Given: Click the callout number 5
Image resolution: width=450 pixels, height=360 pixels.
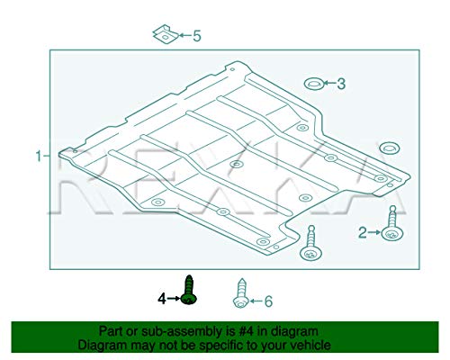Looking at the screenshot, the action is point(197,36).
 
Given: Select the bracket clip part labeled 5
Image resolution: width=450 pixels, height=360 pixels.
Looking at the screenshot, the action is point(166,34).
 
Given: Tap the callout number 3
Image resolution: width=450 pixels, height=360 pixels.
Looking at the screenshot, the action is point(341,84).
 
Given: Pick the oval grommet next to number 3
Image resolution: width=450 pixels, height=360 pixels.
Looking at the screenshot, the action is point(313,84).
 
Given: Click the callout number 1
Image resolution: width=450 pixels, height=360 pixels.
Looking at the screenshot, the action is point(39,156).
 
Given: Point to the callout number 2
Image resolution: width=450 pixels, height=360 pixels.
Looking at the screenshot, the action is point(363,232).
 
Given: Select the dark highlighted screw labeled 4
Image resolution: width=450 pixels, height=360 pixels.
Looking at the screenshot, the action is point(189,290).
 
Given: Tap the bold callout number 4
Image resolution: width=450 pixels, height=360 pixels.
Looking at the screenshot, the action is point(162,299).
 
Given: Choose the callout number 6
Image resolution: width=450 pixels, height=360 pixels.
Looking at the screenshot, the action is point(268,301).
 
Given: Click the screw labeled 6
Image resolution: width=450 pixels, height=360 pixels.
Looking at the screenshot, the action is point(240,293).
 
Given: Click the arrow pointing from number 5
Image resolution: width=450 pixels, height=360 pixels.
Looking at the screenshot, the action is point(185,35).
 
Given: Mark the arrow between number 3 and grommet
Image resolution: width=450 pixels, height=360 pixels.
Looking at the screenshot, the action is point(329,84).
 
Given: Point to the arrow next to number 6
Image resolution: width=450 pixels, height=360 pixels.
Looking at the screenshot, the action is point(256,301).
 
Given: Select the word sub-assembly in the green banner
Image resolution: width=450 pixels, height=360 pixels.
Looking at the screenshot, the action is point(182,332).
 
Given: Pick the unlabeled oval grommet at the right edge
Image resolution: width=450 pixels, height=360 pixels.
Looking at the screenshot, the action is point(389,148).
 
